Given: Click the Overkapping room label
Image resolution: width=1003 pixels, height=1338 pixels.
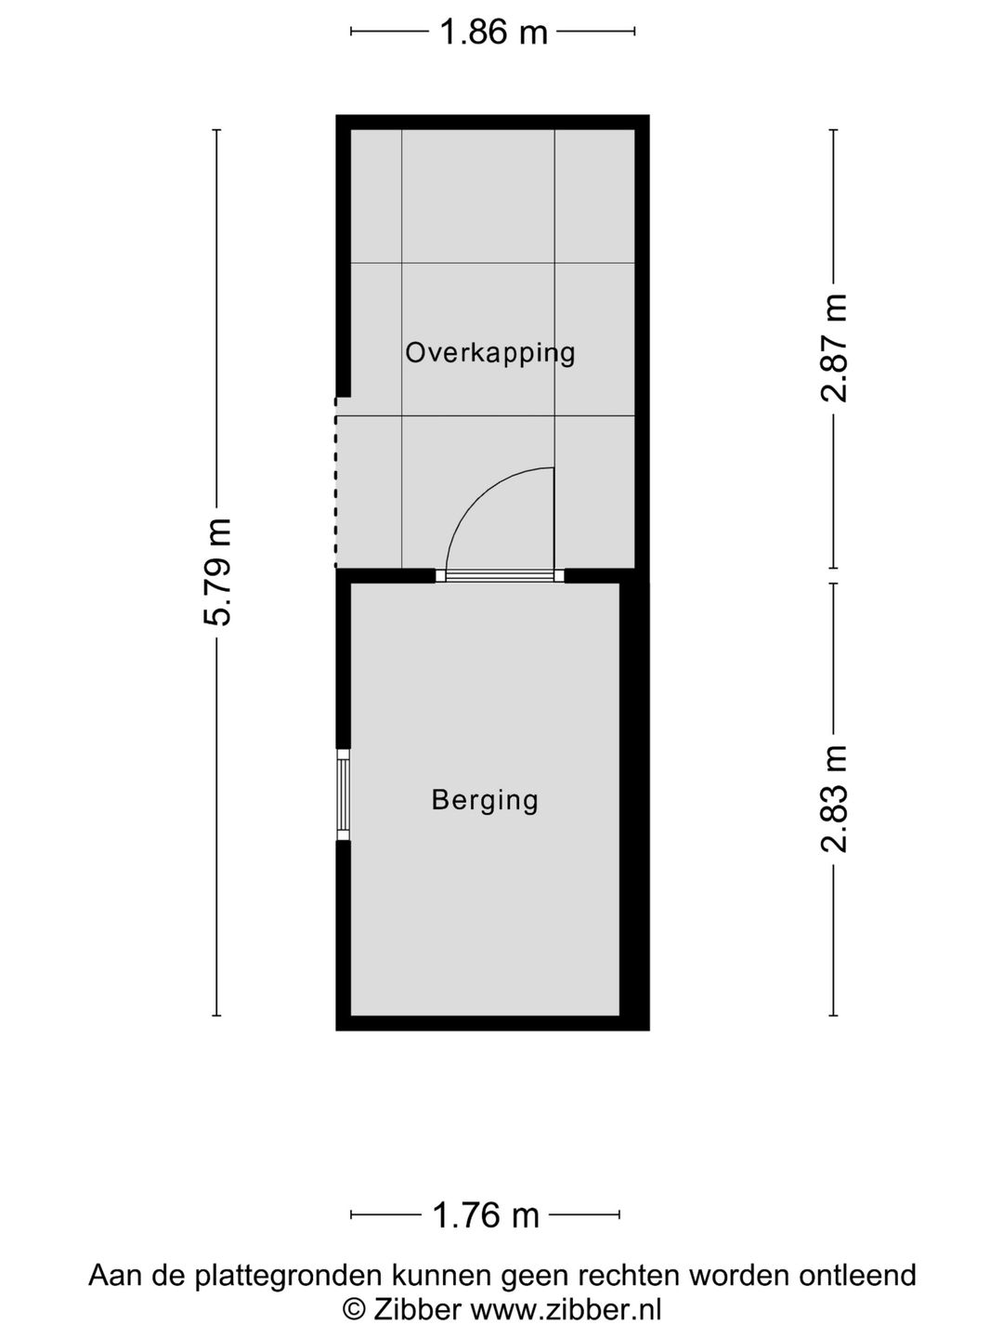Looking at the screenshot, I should pyautogui.click(x=490, y=353).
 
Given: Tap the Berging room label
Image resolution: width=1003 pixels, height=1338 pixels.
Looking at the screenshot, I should pyautogui.click(x=485, y=800).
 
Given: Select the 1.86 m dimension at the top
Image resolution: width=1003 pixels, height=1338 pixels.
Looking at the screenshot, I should pyautogui.click(x=493, y=33).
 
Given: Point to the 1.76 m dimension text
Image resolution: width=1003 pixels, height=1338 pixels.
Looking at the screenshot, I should pyautogui.click(x=486, y=1214).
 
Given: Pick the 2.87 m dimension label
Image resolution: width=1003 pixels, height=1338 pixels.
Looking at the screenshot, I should pyautogui.click(x=834, y=348).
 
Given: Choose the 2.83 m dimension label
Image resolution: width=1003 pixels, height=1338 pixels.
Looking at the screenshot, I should pyautogui.click(x=834, y=798).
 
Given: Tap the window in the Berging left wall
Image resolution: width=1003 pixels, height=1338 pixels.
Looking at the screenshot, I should pyautogui.click(x=344, y=794).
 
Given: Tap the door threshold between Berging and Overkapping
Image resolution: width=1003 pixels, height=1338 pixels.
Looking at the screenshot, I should pyautogui.click(x=500, y=576).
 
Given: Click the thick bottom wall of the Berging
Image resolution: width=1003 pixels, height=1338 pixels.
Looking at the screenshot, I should pyautogui.click(x=492, y=1023).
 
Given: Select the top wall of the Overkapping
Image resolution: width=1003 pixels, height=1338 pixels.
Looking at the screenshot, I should pyautogui.click(x=492, y=123).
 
